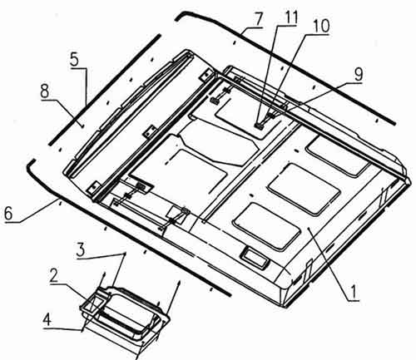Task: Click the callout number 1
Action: click(x=353, y=293)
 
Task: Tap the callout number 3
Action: click(x=82, y=250)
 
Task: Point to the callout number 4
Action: click(x=47, y=320)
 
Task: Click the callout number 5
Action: click(x=74, y=59)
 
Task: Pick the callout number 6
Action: click(x=8, y=214)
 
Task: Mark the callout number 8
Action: click(x=45, y=91)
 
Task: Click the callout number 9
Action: click(x=359, y=74)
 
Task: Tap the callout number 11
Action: click(x=288, y=17)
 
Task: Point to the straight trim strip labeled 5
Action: click(x=104, y=90)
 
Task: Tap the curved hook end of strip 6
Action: click(x=30, y=165)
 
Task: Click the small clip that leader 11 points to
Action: click(x=259, y=126)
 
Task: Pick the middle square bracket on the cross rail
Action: click(x=149, y=131)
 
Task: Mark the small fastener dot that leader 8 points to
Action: click(x=82, y=126)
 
